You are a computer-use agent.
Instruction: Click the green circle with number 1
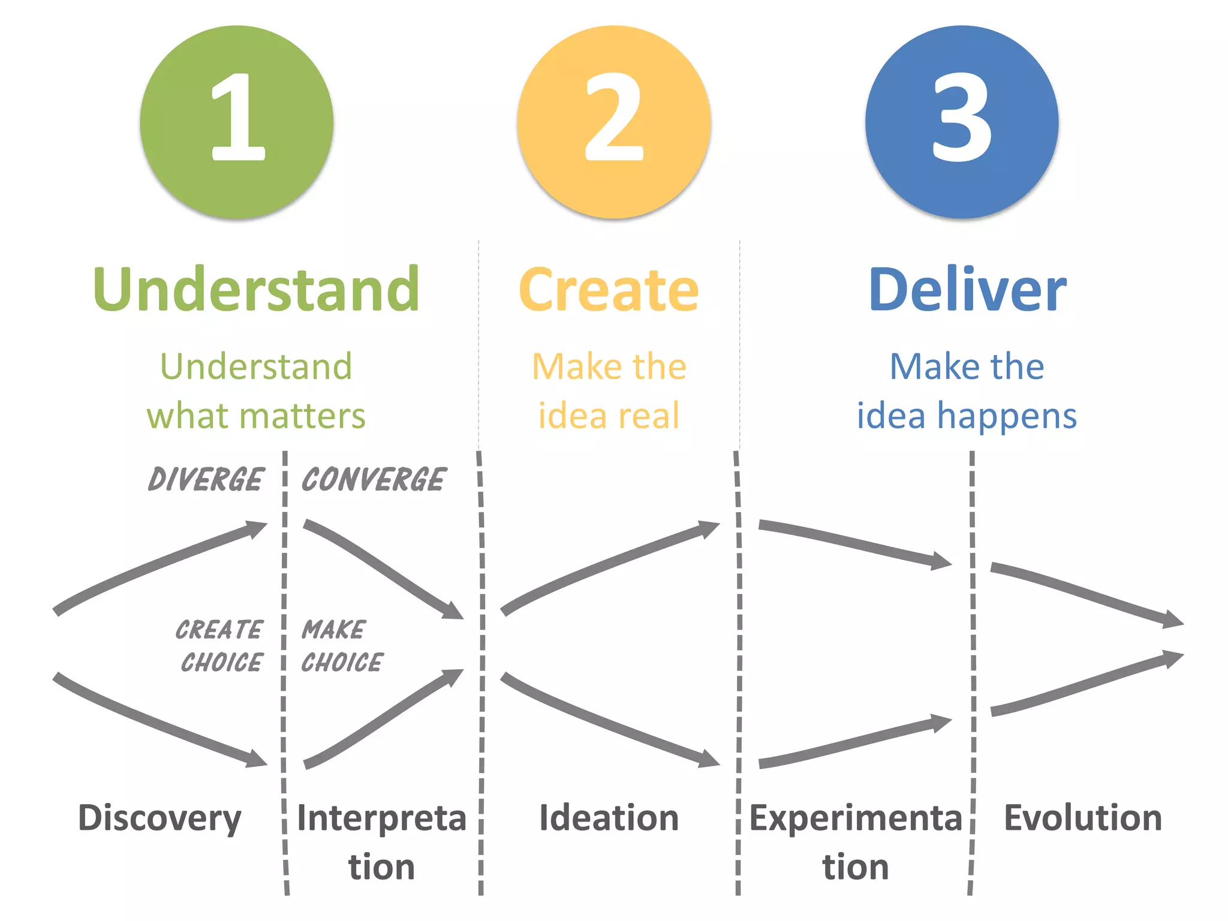[x=237, y=122]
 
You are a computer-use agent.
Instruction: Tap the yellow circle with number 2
[x=614, y=122]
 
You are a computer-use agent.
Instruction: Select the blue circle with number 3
[x=962, y=122]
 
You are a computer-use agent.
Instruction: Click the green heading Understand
[x=256, y=290]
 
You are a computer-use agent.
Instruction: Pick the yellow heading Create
[x=609, y=290]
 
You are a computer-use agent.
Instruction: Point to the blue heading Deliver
[x=967, y=290]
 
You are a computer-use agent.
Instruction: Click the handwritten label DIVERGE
[x=206, y=480]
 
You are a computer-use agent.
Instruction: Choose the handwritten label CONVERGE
[x=374, y=480]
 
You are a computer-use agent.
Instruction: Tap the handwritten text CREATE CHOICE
[x=220, y=646]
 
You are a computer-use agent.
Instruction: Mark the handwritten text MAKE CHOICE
[x=342, y=646]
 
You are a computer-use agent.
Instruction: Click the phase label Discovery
[x=159, y=818]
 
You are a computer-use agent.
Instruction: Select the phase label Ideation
[x=609, y=818]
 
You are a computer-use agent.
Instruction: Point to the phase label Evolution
[x=1083, y=818]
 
